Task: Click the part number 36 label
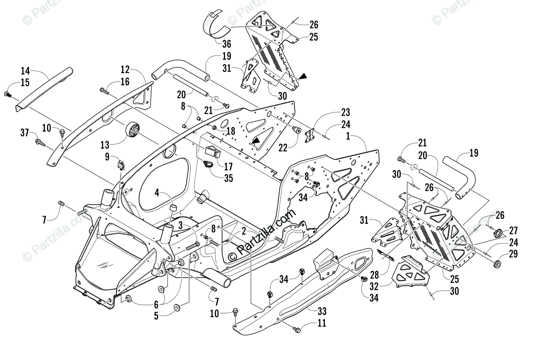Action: pyautogui.click(x=227, y=44)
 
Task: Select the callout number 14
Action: pyautogui.click(x=25, y=71)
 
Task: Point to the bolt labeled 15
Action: pyautogui.click(x=8, y=94)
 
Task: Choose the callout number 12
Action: pyautogui.click(x=125, y=70)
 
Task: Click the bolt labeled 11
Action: pyautogui.click(x=297, y=330)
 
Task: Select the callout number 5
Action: pyautogui.click(x=156, y=315)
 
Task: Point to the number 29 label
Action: pyautogui.click(x=513, y=254)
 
